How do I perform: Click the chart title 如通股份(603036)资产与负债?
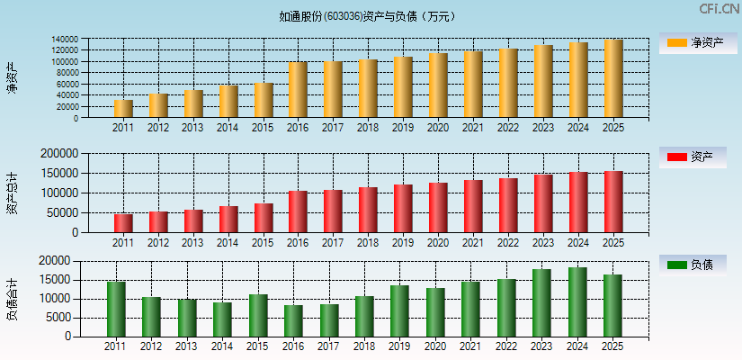coord(367,16)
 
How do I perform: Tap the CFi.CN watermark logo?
coord(719,9)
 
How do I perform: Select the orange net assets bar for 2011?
coord(123,109)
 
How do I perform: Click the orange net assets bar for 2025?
coord(613,79)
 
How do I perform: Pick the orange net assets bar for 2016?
coord(298,90)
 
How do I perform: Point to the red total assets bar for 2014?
coord(228,220)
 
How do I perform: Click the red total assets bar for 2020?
coord(438,208)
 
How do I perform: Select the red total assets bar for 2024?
coord(578,202)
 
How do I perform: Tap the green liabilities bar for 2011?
coord(116,310)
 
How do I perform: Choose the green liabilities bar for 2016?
coord(293,320)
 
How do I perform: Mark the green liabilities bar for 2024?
coord(577,302)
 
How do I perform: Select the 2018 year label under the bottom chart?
coord(364,346)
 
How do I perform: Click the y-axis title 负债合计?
coord(12,299)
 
